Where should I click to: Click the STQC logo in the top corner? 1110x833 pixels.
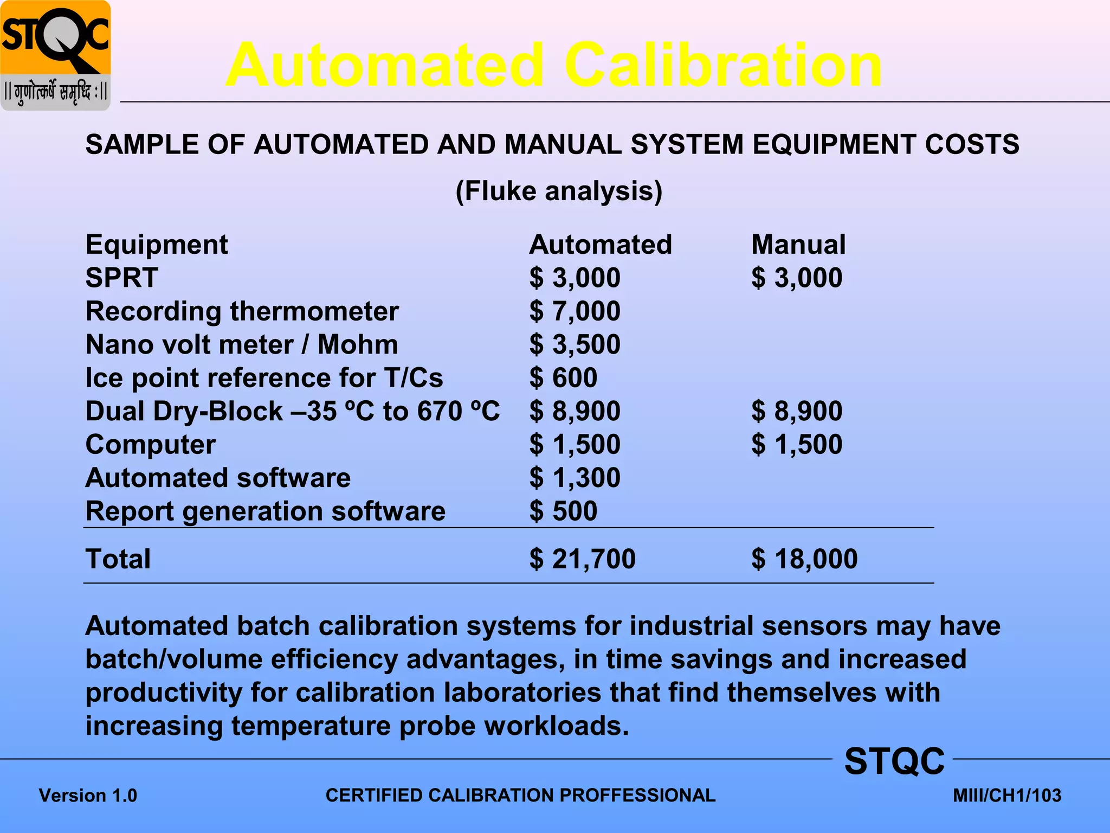(x=55, y=55)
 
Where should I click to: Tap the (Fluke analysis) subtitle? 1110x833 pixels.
(x=559, y=191)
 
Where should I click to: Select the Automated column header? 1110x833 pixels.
(x=601, y=245)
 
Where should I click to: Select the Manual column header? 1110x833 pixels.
(x=798, y=245)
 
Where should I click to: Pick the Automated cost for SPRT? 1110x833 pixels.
(x=575, y=278)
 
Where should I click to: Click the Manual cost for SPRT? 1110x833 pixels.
(x=797, y=278)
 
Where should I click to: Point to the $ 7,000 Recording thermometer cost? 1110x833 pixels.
(x=575, y=311)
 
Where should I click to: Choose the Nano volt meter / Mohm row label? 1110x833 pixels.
(x=242, y=344)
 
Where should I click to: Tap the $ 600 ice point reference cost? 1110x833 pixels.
(x=564, y=377)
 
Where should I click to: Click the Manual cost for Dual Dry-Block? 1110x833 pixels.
(x=797, y=411)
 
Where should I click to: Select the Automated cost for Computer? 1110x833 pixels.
(x=575, y=444)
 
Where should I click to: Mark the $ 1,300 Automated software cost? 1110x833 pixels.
(x=575, y=478)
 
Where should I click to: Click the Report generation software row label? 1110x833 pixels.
(x=266, y=511)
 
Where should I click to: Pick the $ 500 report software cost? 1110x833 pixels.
(x=564, y=511)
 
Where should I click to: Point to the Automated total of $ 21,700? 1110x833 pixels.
(x=583, y=559)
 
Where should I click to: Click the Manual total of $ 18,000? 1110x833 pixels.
(x=804, y=559)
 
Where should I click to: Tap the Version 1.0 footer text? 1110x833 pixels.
(x=88, y=796)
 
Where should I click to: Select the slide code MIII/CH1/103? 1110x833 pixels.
(x=1007, y=796)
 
